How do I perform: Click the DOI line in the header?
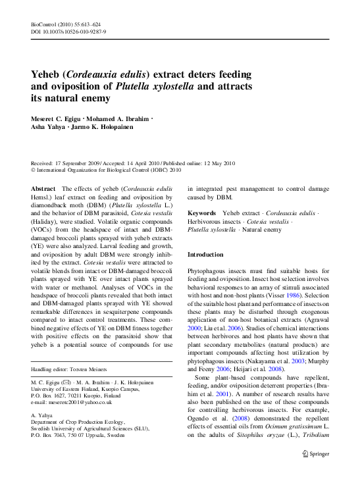tap(69, 31)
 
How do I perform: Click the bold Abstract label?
tap(43, 188)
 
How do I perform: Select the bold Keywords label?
tap(202, 213)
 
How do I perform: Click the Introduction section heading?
tap(205, 254)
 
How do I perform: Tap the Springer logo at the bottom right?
tap(315, 453)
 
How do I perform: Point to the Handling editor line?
tap(64, 369)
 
